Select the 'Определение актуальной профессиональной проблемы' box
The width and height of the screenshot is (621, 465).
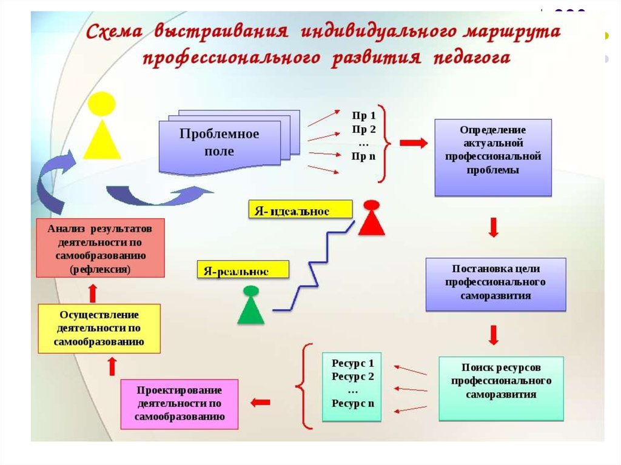click(x=493, y=157)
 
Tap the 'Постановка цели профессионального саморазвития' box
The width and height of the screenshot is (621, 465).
click(x=495, y=283)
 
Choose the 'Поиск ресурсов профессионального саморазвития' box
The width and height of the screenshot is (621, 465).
click(x=501, y=388)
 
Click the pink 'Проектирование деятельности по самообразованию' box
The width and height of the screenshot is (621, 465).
click(x=180, y=404)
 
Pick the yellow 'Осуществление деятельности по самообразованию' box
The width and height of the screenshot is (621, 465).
click(x=99, y=329)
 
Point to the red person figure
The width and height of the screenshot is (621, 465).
click(x=371, y=218)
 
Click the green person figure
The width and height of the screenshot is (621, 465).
click(x=250, y=305)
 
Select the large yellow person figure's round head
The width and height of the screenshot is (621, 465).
click(x=101, y=104)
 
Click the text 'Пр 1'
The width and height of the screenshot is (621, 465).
click(x=364, y=116)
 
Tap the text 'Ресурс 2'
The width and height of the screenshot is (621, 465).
click(x=353, y=376)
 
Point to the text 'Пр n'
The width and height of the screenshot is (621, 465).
click(x=364, y=156)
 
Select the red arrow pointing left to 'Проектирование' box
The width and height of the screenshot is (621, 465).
click(x=260, y=401)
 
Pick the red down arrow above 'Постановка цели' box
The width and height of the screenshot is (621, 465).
click(x=494, y=227)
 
